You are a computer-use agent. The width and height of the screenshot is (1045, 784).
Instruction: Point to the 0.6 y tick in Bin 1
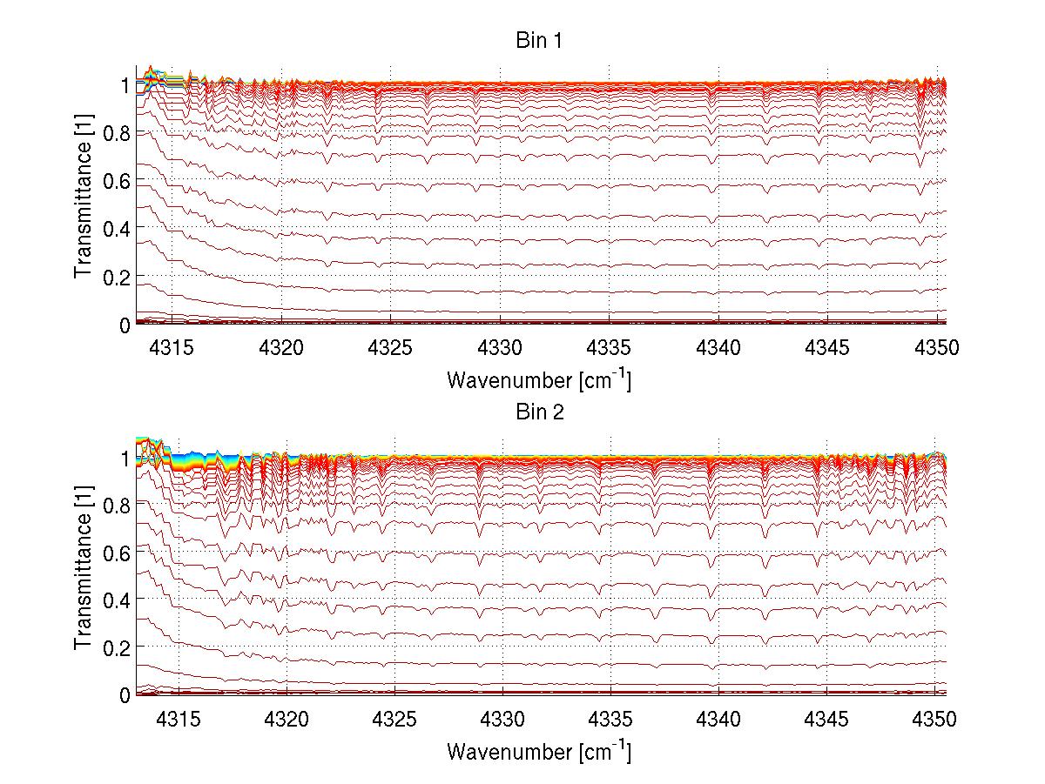[117, 181]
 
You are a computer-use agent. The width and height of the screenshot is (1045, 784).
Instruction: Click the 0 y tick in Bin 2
[124, 695]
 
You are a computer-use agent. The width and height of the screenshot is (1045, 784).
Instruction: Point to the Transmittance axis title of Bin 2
[84, 575]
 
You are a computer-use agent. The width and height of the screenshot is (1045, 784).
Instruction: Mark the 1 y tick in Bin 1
[125, 85]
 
